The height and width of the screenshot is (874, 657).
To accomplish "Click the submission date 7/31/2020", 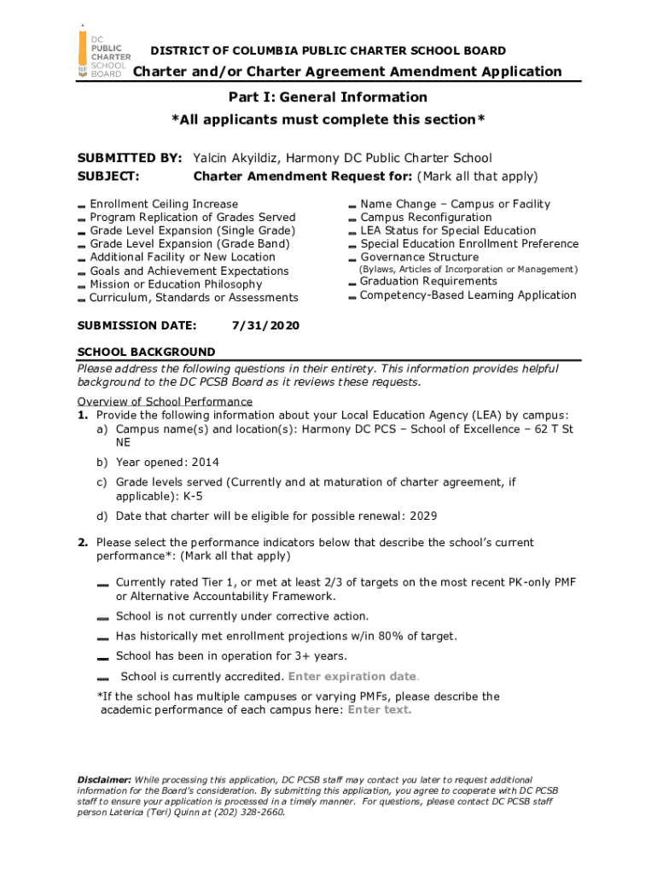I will pos(265,326).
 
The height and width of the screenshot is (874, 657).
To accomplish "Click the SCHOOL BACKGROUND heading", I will pos(146,352).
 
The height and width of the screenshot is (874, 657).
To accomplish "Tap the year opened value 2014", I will pos(205,462).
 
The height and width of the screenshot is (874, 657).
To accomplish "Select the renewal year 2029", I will pos(424,516).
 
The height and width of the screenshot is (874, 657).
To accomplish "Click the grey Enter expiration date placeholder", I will pos(353,677).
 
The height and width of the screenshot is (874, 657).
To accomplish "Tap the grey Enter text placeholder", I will pos(380,709).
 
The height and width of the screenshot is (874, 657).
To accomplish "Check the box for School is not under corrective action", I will pos(102,617).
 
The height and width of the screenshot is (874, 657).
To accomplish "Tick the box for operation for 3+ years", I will pos(102,657).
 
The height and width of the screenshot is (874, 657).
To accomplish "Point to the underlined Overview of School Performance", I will pos(165,401).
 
